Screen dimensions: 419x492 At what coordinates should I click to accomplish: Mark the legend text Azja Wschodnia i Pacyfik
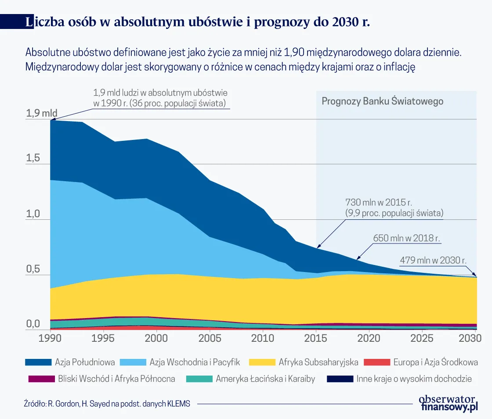point(195,362)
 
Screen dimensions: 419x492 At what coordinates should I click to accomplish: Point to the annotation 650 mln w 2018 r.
point(406,239)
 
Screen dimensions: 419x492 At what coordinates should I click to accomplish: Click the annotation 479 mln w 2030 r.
point(433,260)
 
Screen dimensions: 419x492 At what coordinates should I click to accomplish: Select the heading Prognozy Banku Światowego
point(382,101)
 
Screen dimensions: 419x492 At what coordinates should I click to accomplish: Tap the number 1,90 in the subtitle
point(294,52)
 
